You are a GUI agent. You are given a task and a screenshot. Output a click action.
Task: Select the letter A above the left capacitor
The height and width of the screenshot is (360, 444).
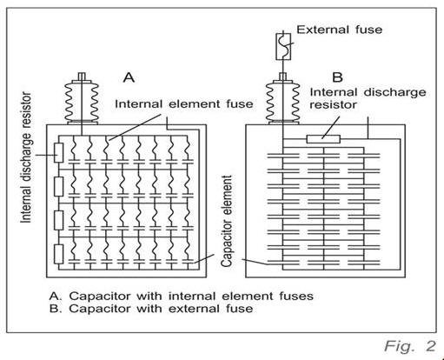click(128, 77)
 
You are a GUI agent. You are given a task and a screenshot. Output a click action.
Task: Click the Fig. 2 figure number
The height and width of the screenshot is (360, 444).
click(411, 346)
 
